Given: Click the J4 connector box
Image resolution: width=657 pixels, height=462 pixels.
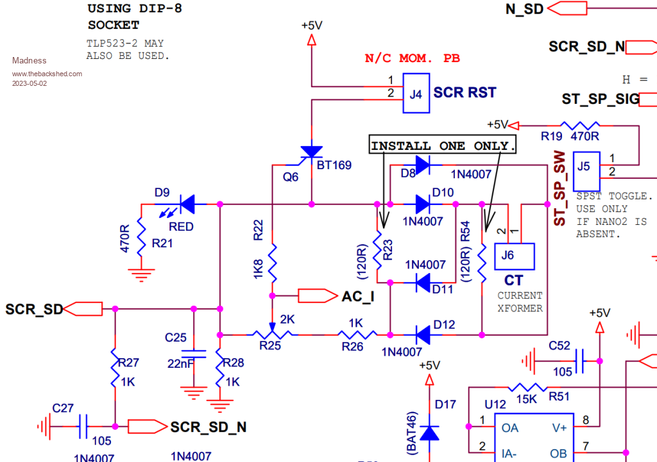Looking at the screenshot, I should (x=416, y=93).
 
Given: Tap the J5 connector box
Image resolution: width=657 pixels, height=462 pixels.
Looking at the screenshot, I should (x=586, y=167).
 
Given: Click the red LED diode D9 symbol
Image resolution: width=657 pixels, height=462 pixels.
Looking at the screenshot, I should (x=187, y=204).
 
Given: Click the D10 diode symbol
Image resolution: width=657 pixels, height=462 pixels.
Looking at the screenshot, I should (x=423, y=204).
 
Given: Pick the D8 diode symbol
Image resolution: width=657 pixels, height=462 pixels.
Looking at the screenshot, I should (x=423, y=165).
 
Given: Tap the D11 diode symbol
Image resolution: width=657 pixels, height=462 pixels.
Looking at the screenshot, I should (x=423, y=281).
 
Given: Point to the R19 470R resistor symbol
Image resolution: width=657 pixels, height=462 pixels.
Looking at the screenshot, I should (x=580, y=126).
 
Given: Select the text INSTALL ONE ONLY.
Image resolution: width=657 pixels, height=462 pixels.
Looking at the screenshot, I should (x=443, y=145).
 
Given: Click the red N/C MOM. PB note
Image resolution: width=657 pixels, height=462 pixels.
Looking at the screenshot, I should (x=412, y=58).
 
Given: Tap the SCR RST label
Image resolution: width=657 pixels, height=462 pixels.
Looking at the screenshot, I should (x=465, y=92).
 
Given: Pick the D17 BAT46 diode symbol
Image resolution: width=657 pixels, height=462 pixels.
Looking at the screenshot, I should (x=429, y=433).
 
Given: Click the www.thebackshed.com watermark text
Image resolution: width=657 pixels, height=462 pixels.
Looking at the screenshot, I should (x=47, y=74).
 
